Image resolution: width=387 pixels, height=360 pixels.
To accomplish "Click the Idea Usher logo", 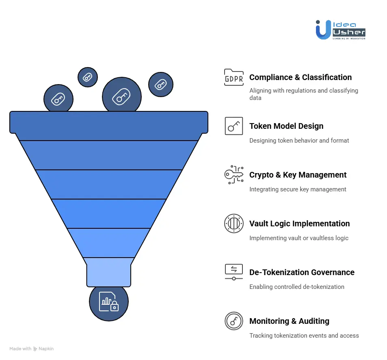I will (x=340, y=30).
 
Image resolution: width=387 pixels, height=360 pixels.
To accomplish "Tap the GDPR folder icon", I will (x=233, y=77).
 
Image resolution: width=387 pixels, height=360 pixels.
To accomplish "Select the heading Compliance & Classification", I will (x=301, y=77).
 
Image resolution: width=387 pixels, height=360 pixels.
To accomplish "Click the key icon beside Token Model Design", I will (x=233, y=126).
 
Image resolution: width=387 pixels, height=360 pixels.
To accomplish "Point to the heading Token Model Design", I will (x=286, y=126).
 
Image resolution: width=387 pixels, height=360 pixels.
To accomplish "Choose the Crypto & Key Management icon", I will (x=233, y=175).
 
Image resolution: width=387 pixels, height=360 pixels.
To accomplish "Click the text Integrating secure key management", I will (x=298, y=189).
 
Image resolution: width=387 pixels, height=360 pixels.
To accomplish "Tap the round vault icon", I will (x=233, y=223).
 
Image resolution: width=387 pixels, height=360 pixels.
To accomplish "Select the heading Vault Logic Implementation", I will (x=299, y=223).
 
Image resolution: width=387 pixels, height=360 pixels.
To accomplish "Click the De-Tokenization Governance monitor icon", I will (x=233, y=272).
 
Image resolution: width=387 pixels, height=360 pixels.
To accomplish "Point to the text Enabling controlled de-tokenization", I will (x=296, y=286).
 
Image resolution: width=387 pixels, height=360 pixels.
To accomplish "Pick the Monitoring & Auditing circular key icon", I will (x=233, y=321).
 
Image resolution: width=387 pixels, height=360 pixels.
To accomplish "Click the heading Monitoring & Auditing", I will (x=289, y=321).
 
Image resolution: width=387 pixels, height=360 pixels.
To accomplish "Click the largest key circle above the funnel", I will (x=121, y=97).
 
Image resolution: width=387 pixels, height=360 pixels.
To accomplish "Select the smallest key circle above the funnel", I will (x=88, y=77).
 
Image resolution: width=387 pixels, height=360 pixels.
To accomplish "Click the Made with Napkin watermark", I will (x=32, y=349).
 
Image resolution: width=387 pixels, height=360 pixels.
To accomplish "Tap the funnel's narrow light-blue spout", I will (x=109, y=271).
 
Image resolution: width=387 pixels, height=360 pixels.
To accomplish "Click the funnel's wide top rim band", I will (x=109, y=122).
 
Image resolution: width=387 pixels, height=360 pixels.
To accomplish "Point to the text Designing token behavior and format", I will (x=299, y=140).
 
